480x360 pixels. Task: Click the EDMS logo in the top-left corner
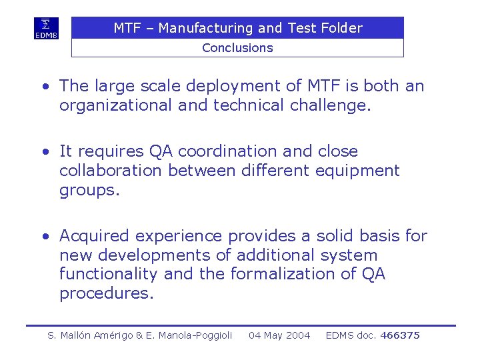tap(47, 29)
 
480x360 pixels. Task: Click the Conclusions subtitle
tap(237, 48)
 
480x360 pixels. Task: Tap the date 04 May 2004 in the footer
tap(279, 335)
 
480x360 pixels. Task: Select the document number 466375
tap(400, 335)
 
